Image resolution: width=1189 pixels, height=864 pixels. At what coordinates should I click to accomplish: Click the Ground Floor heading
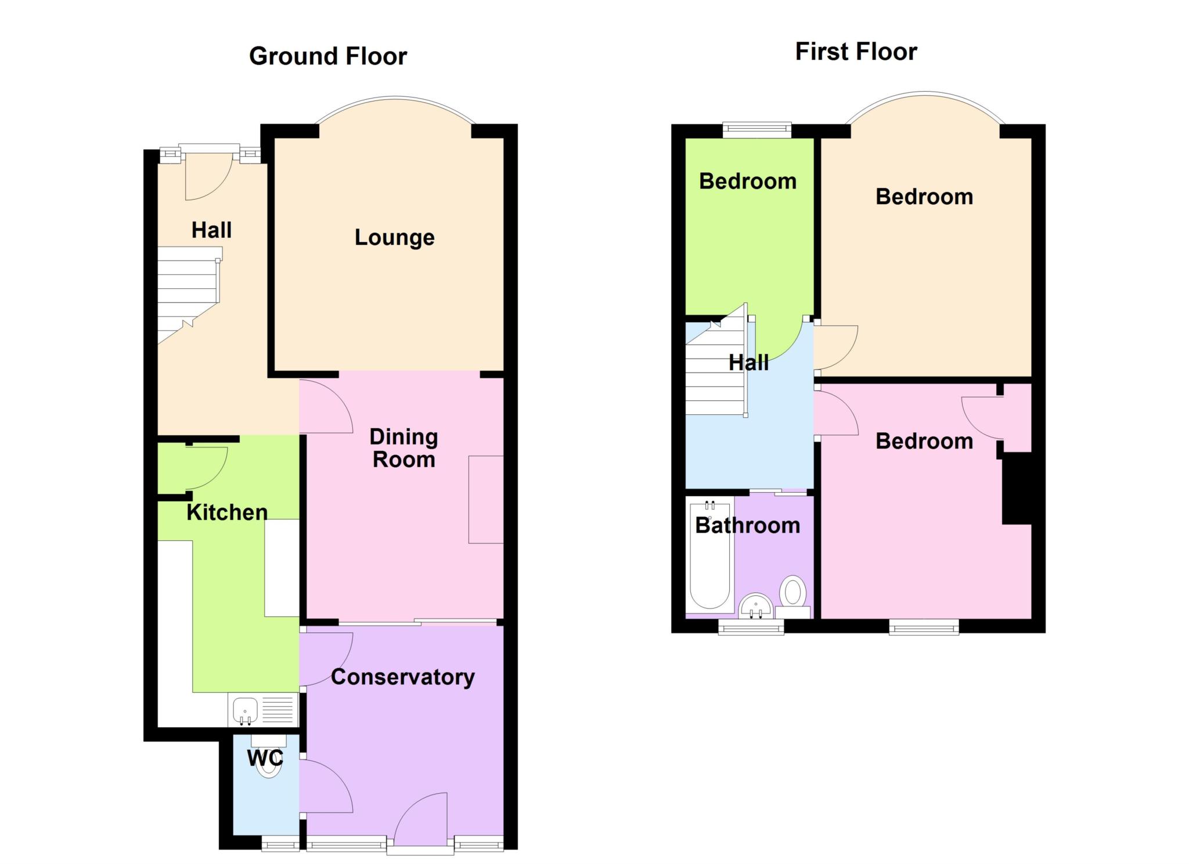pos(328,56)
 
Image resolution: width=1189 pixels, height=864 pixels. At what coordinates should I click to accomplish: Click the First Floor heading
pos(856,52)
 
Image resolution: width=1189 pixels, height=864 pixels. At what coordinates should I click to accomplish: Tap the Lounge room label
pos(395,237)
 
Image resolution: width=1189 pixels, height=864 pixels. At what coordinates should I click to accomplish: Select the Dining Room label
pos(404,448)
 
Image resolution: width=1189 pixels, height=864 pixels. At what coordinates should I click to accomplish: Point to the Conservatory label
pos(403,677)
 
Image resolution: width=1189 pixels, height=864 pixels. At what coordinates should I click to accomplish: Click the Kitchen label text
pos(227,512)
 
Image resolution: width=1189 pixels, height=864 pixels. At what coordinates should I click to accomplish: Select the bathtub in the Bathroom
pos(709,556)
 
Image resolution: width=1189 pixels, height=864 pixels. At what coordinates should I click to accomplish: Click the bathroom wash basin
pos(756,605)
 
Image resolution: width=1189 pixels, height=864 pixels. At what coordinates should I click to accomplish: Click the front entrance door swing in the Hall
pos(208,177)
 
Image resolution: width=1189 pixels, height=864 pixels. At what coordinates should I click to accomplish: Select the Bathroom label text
pos(748,525)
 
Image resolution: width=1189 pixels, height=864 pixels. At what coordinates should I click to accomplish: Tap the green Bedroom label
pos(748,181)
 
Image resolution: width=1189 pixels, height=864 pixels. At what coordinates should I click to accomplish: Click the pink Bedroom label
pos(924,441)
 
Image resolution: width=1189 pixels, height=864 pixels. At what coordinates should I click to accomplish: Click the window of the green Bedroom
pos(757,130)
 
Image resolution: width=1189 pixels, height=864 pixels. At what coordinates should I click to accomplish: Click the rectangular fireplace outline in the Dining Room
pos(486,500)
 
